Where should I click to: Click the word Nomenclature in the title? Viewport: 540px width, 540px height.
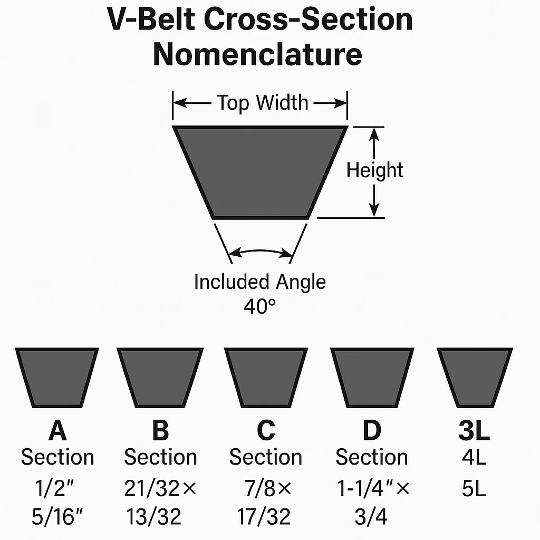tap(257, 54)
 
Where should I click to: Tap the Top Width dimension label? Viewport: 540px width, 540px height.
tap(263, 103)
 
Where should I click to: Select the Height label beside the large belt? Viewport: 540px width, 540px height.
tap(375, 170)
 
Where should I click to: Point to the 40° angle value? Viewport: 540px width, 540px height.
tap(260, 306)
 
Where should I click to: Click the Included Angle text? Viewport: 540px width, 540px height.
tap(260, 282)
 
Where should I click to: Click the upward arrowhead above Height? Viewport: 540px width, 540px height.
tap(374, 134)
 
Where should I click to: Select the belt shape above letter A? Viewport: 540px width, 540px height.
tap(57, 378)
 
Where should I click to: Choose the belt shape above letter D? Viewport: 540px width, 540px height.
tap(372, 378)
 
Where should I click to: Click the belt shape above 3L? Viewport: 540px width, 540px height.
tap(475, 378)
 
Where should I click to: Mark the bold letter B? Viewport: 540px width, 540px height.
tap(160, 430)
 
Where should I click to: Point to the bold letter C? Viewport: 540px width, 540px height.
tap(266, 430)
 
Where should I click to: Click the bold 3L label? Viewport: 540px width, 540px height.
tap(474, 430)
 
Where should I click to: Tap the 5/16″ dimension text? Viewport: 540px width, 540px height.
tap(57, 517)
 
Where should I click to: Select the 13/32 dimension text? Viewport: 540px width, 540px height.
tap(153, 517)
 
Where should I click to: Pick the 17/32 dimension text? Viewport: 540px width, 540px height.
tap(264, 517)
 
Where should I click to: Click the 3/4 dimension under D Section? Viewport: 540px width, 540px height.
tap(371, 517)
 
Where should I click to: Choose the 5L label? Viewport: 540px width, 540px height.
tap(474, 488)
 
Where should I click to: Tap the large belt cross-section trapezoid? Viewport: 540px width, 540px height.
tap(260, 172)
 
